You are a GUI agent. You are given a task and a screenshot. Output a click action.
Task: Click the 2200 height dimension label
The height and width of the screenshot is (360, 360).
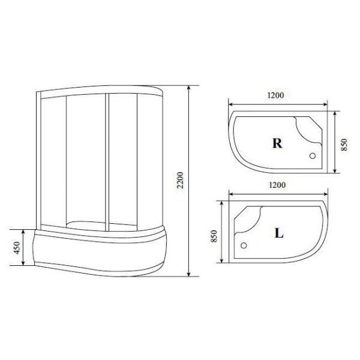181,179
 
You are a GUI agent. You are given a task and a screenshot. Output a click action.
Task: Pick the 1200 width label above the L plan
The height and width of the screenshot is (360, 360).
275,185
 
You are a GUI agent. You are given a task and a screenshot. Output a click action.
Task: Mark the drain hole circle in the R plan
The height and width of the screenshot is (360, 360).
312,155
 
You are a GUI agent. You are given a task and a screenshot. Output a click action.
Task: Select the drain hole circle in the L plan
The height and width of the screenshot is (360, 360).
243,245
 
